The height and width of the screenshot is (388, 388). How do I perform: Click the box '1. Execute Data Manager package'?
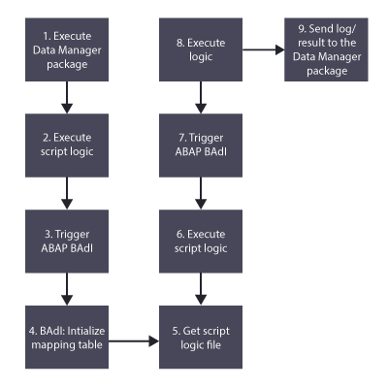(x=67, y=49)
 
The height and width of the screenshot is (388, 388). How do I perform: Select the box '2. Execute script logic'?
(x=67, y=145)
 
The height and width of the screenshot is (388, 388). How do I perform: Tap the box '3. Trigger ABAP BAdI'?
(x=67, y=242)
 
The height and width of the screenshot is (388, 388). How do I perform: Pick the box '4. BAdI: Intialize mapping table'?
(x=67, y=337)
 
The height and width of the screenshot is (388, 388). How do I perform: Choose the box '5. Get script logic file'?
(x=201, y=337)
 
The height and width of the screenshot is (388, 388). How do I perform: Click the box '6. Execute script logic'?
(x=201, y=242)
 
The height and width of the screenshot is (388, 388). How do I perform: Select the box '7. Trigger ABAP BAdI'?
(x=201, y=145)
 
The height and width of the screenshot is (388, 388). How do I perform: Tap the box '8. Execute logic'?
(x=201, y=49)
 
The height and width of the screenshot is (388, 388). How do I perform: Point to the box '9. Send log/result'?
(x=326, y=49)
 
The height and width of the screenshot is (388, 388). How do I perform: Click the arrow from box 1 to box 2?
(x=67, y=97)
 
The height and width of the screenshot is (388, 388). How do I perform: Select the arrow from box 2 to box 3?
(x=67, y=193)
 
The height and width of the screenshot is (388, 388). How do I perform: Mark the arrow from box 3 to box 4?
(x=67, y=289)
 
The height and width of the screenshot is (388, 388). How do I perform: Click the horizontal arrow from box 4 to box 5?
(x=134, y=340)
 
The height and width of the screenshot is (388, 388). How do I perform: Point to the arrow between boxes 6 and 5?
(x=201, y=289)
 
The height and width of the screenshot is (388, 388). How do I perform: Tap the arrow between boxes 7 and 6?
(x=201, y=193)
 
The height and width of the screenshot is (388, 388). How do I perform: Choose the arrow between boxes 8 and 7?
(x=201, y=97)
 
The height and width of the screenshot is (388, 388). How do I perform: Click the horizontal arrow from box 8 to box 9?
(x=264, y=49)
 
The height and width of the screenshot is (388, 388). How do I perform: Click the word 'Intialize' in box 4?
(x=86, y=331)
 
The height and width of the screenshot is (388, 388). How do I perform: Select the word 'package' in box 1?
(x=67, y=64)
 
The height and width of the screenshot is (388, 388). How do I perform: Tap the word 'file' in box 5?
(x=212, y=344)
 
